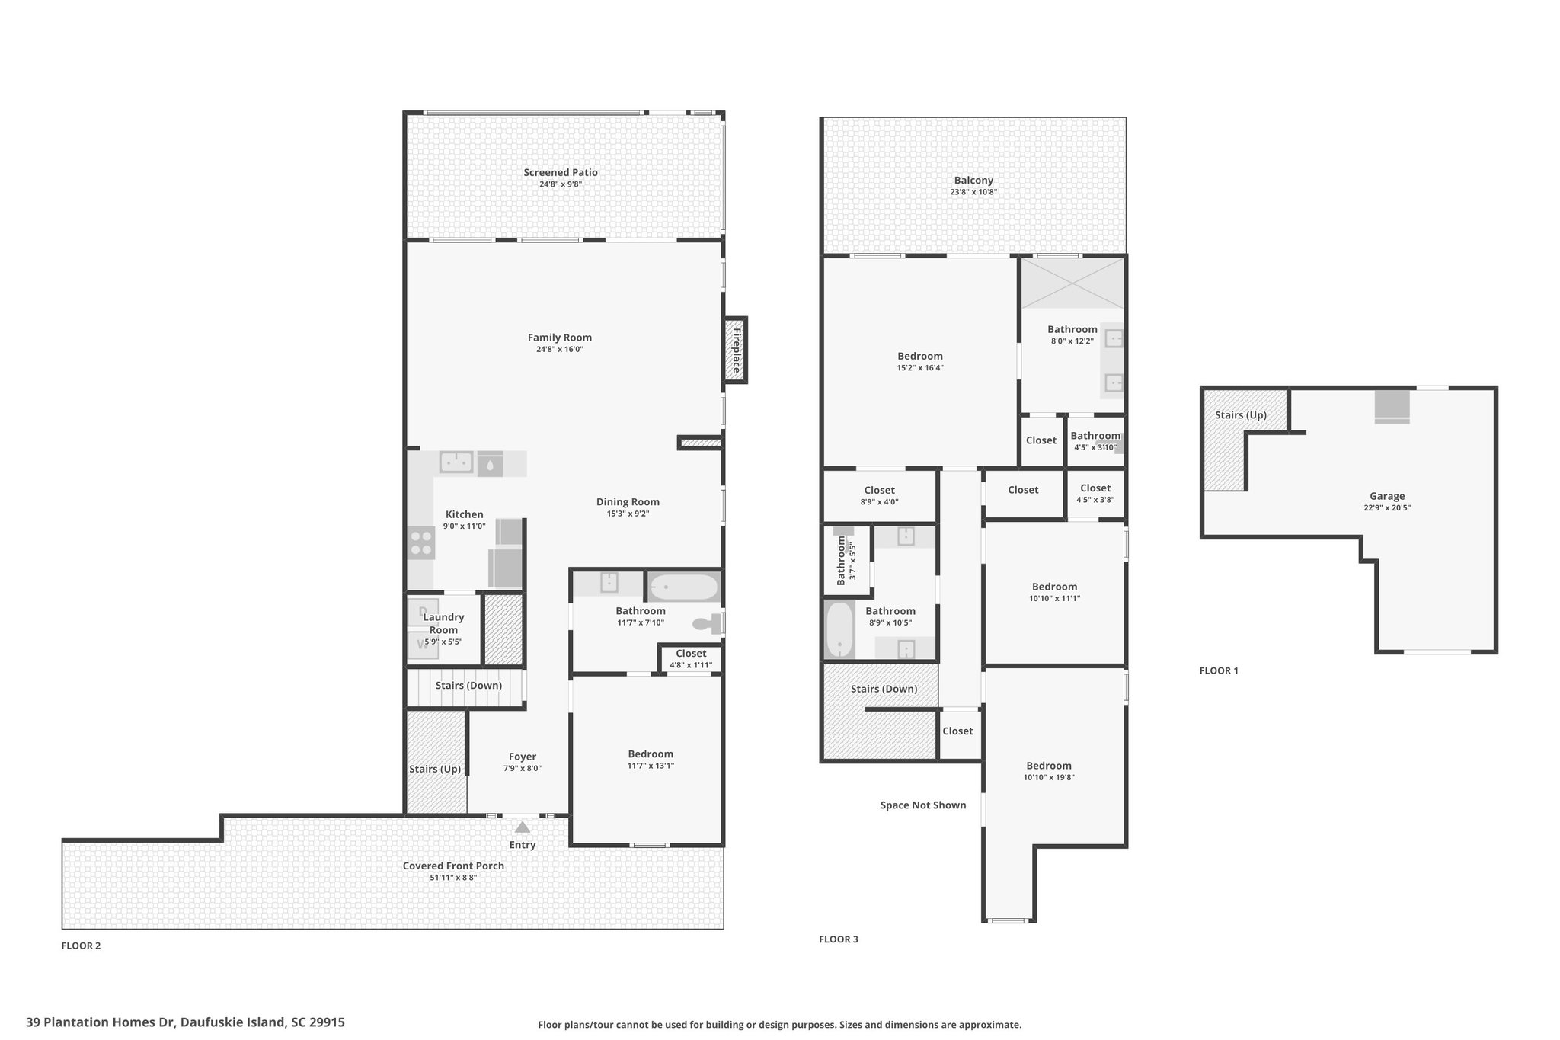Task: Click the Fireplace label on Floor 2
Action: coord(736,350)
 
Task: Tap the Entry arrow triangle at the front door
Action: coord(523,826)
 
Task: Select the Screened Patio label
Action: coord(561,172)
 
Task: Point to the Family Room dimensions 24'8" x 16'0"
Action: coord(560,350)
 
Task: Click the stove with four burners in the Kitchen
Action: coord(420,543)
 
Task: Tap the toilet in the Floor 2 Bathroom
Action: coord(706,624)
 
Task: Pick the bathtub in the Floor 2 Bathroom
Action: coord(683,587)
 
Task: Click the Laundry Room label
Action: coord(443,623)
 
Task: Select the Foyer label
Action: coord(523,757)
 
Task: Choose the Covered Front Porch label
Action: coord(453,866)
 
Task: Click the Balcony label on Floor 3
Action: coord(973,181)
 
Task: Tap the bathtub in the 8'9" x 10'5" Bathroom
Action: coord(839,630)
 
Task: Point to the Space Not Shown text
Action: coord(923,805)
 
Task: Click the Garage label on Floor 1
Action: coord(1387,496)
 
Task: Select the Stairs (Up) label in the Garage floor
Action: coord(1241,415)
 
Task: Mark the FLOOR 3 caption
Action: coord(839,939)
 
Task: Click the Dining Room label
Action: coord(628,501)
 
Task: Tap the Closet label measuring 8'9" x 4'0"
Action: coord(879,490)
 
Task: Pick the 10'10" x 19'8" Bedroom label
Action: coord(1049,766)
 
